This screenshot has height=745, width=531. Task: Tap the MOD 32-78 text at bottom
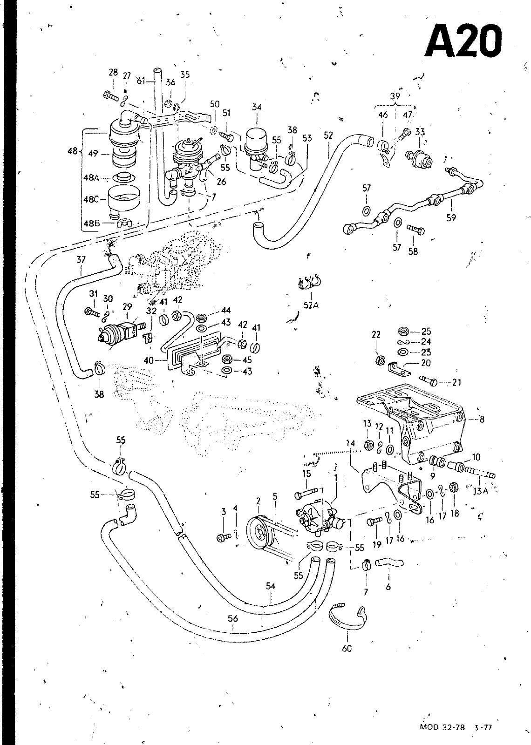[x=442, y=727]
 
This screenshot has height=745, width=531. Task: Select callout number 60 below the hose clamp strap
[x=347, y=648]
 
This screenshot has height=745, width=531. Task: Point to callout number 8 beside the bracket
[x=482, y=420]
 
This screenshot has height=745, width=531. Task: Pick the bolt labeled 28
[x=111, y=96]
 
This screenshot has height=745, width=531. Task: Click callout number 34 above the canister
[x=257, y=107]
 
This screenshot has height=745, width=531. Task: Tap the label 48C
[x=91, y=200]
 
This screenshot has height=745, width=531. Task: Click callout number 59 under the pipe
[x=451, y=217]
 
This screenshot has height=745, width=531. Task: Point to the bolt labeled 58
[x=415, y=230]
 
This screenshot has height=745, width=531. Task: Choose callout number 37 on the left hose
[x=81, y=259]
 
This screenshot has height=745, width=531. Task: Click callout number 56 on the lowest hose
[x=233, y=619]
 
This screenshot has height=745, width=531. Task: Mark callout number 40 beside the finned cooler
[x=149, y=360]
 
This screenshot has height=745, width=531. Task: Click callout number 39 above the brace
[x=395, y=96]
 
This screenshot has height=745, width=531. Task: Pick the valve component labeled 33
[x=419, y=158]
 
